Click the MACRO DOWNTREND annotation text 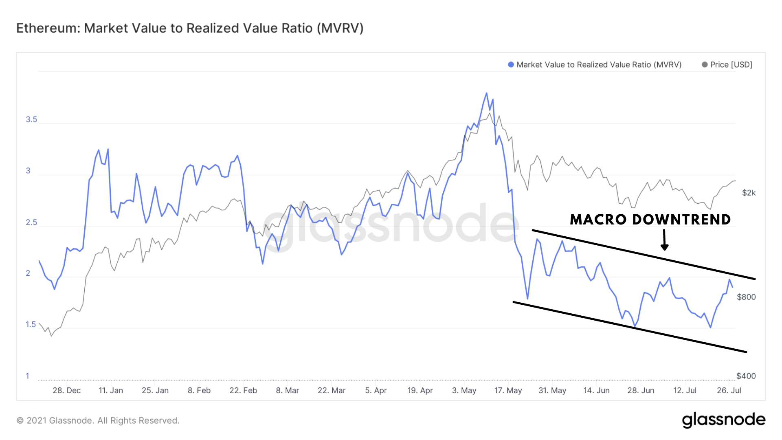[x=650, y=220]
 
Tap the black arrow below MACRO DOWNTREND [x=664, y=240]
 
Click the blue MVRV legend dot [x=511, y=65]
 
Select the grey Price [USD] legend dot [x=705, y=65]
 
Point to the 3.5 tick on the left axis [x=31, y=119]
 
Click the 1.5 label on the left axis [x=31, y=324]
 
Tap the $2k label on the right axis [x=749, y=193]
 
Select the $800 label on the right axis [x=746, y=297]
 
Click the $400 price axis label [x=746, y=376]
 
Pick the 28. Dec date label [x=67, y=390]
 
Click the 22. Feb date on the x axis [x=243, y=390]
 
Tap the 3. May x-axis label [x=464, y=390]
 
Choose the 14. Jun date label [x=596, y=390]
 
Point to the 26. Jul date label [x=729, y=390]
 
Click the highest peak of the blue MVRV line [x=486, y=93]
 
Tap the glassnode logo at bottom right [x=723, y=420]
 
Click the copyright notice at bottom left [x=98, y=420]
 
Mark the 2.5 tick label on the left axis [x=31, y=222]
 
